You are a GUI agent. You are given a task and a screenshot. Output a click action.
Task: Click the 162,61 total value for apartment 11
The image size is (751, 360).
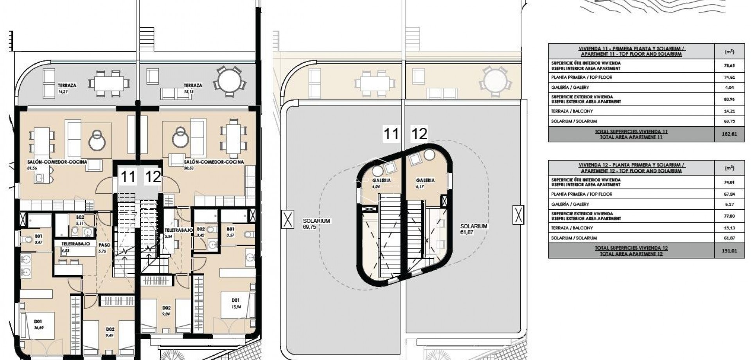pyautogui.click(x=729, y=134)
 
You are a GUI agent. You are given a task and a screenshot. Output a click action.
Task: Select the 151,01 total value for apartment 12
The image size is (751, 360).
pyautogui.click(x=729, y=251)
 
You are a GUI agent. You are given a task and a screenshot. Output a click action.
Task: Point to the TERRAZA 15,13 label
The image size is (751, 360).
pyautogui.click(x=193, y=88)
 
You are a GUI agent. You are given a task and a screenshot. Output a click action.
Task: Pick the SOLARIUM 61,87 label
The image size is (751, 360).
pyautogui.click(x=474, y=229)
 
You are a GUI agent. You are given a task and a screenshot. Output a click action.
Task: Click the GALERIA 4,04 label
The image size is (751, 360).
pyautogui.click(x=381, y=183)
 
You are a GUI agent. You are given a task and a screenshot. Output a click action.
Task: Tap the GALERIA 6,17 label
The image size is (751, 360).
pyautogui.click(x=425, y=183)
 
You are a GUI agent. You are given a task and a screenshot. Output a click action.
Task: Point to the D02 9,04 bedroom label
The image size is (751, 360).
pyautogui.click(x=166, y=311)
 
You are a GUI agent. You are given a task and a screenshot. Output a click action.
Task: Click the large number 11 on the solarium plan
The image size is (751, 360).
pyautogui.click(x=391, y=134)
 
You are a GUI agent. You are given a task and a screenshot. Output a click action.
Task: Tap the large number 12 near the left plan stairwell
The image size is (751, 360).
pyautogui.click(x=153, y=177)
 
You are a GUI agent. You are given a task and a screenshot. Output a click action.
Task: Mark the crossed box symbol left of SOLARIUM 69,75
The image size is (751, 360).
pyautogui.click(x=287, y=219)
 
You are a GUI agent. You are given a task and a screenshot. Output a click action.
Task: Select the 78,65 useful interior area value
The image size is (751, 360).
pyautogui.click(x=729, y=66)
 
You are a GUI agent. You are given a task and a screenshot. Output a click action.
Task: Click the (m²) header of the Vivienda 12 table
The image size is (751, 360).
pyautogui.click(x=729, y=168)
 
